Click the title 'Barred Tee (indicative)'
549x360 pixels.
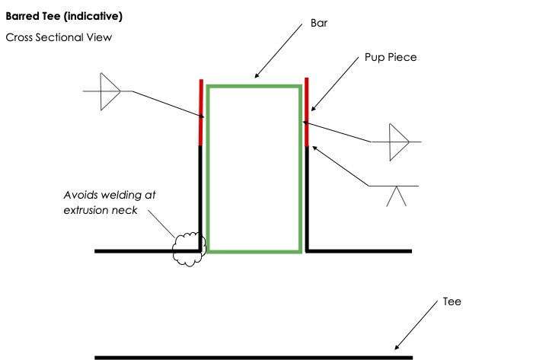[x=53, y=16]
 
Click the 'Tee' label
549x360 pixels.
[x=452, y=301]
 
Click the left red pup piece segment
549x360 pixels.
[x=201, y=113]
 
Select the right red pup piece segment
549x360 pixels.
[x=306, y=113]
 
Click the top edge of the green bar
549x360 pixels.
[x=254, y=87]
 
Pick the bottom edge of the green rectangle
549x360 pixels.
[x=254, y=250]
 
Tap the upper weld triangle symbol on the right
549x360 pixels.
[x=398, y=142]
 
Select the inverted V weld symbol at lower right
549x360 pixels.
[x=396, y=196]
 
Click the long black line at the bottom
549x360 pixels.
[x=254, y=357]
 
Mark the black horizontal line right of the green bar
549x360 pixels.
[x=359, y=250]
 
